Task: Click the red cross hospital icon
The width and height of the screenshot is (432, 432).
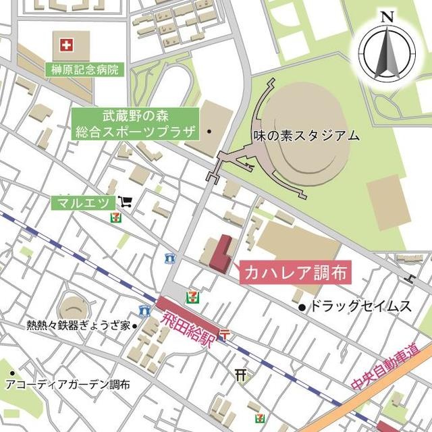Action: (66, 46)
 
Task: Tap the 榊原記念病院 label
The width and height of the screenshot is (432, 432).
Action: (84, 69)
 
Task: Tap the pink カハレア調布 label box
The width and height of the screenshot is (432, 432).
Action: (294, 273)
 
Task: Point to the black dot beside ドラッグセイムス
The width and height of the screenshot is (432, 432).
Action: (302, 308)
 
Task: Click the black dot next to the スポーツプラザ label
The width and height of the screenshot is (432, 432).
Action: (209, 131)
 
